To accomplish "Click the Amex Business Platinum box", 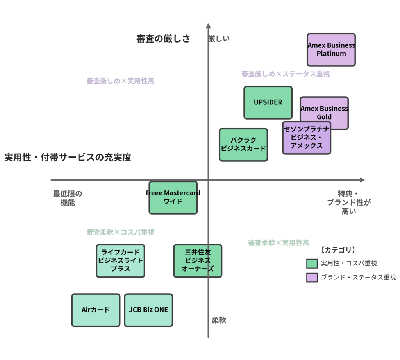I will tap(331, 49).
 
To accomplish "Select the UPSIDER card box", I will tap(268, 102).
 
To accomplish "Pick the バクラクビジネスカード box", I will tap(243, 145).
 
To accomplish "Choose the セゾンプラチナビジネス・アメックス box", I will tap(307, 138).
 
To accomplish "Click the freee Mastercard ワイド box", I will tap(173, 197).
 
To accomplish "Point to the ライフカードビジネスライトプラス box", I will tap(120, 261).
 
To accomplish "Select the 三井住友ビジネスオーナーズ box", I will tap(198, 261).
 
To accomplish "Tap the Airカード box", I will tap(96, 310).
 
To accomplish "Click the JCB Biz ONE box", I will tap(148, 310).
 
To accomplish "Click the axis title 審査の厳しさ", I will tap(163, 39).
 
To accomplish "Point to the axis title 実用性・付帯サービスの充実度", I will tap(68, 158).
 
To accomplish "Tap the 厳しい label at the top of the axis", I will tap(220, 38).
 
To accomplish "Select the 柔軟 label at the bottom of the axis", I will tap(219, 321).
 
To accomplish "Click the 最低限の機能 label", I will tap(68, 198).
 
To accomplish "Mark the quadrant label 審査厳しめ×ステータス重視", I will tap(286, 74).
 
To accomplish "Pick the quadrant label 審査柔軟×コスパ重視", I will tap(120, 232).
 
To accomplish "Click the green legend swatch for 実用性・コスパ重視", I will tap(312, 263).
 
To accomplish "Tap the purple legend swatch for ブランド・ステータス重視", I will tap(312, 277).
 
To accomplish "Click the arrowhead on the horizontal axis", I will tap(362, 180).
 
